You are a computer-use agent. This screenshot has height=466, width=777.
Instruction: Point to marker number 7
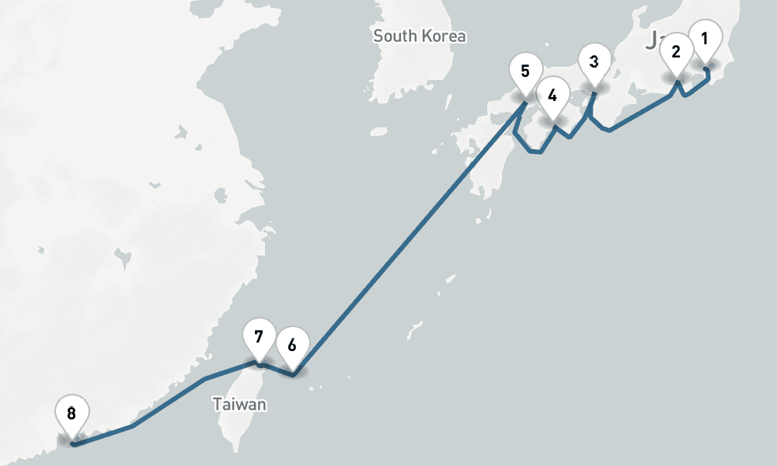point(259,339)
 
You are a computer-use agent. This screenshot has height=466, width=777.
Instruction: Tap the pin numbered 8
point(71,415)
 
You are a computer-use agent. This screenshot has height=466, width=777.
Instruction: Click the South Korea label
point(420,36)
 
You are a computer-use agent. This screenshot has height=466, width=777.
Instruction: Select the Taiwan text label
point(240,405)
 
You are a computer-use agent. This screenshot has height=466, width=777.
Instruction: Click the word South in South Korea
point(396,36)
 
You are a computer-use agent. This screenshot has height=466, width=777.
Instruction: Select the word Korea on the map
point(444,36)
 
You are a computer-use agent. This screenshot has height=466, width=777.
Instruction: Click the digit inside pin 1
point(705,38)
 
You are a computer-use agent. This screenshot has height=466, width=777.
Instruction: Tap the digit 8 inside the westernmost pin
point(71,413)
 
